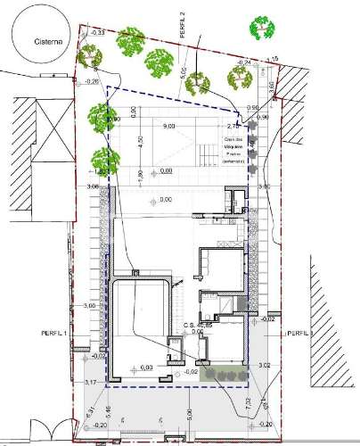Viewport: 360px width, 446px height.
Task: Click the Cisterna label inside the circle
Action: pos(45,40)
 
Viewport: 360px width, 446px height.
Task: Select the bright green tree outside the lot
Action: pos(262,28)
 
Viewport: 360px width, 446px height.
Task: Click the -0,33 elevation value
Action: pos(97,32)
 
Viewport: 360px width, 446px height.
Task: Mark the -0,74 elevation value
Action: pos(241,62)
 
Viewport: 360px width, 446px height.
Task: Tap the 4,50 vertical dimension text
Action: pos(140,143)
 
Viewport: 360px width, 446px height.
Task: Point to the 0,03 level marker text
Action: pos(147,367)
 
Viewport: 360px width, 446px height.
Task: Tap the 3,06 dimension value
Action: pos(92,186)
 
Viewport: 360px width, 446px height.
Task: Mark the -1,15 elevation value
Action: pos(273,59)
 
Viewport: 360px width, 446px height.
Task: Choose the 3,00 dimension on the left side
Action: pos(88,306)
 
